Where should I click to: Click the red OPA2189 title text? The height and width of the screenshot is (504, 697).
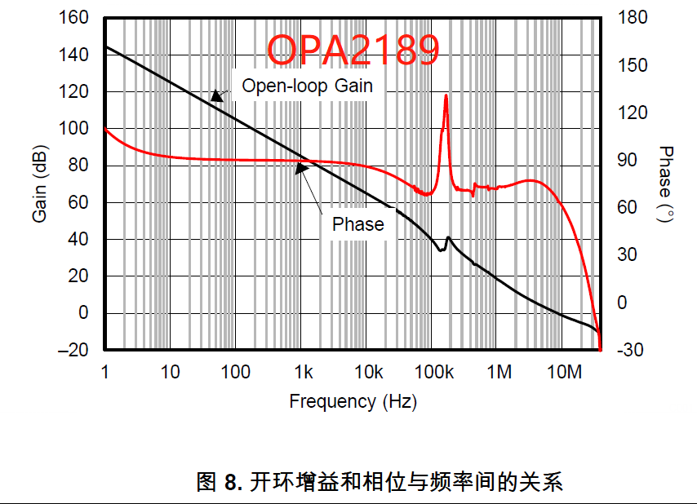point(354,50)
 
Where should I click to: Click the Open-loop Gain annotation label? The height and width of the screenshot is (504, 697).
point(307,86)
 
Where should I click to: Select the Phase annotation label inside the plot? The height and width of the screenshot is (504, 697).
point(357,224)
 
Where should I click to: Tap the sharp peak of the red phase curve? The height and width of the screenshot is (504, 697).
point(446,96)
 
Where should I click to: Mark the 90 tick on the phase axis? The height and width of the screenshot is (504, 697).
point(626,161)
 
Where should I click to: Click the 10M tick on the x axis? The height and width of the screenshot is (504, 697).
point(564,373)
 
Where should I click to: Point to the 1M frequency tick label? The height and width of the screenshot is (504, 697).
point(499,373)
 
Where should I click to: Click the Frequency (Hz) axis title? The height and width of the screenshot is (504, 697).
point(353,401)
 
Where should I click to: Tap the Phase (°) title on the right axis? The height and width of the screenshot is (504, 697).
point(666,184)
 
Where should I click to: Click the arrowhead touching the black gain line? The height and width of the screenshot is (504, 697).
point(215,95)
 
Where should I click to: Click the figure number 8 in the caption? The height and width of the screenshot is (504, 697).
point(232,482)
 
